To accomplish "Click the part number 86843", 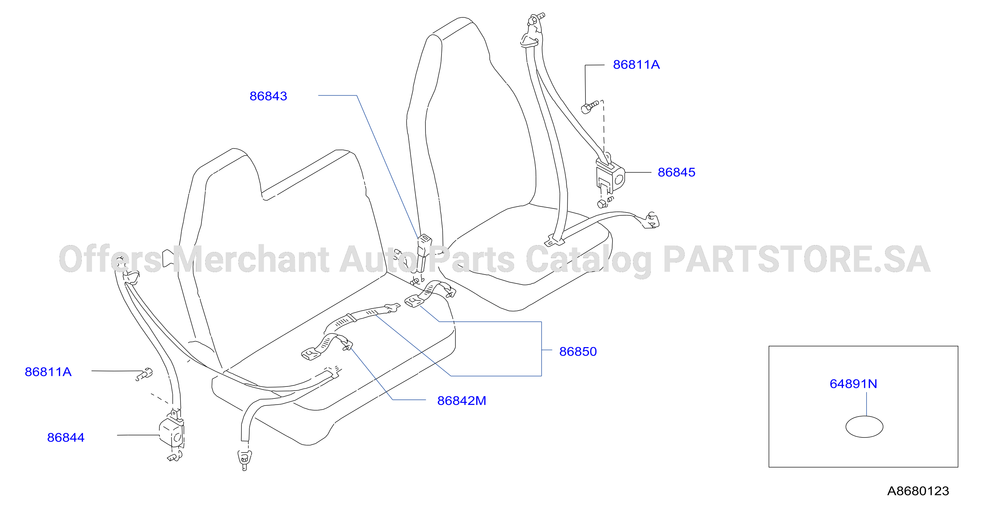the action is [x=268, y=96].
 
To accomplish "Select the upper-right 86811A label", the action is [x=636, y=64].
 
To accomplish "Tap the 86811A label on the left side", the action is [x=48, y=372].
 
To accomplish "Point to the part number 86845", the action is [x=676, y=172].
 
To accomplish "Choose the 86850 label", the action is [x=578, y=352].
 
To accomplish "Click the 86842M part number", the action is [x=462, y=401].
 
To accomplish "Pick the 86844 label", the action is [x=66, y=437].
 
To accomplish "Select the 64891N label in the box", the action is [x=853, y=384].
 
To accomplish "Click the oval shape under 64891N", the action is [x=864, y=427].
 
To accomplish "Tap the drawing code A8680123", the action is [x=918, y=491].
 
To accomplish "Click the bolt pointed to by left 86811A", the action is [x=144, y=374].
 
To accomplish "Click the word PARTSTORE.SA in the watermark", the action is [x=797, y=259].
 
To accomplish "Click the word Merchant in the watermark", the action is [x=251, y=259].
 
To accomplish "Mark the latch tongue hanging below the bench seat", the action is [x=245, y=460].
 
